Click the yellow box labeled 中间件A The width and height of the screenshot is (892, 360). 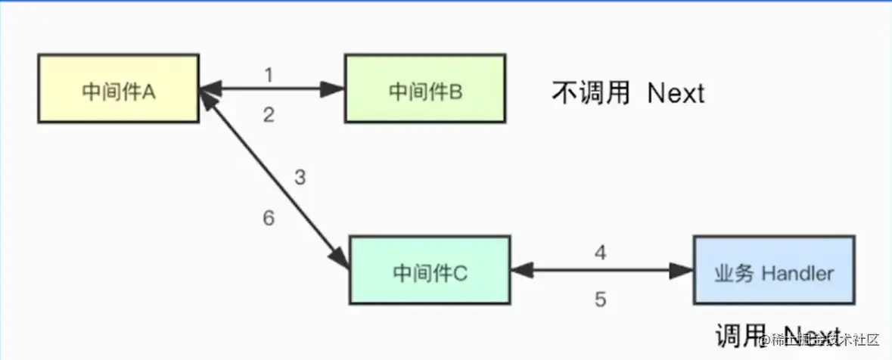pos(118,89)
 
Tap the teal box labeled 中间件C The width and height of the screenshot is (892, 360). pos(430,270)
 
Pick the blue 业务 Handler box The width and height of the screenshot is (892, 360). pos(774,270)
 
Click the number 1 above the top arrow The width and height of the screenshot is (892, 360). pos(269,75)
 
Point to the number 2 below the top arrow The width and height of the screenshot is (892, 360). pos(269,115)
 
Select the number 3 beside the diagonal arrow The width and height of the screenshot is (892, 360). pos(300,178)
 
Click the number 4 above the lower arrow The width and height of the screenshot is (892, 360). pos(600,253)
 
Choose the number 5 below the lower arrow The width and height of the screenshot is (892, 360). pos(600,299)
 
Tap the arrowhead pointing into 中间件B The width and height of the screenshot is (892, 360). pos(334,89)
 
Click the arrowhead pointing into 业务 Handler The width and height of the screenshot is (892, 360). pos(682,270)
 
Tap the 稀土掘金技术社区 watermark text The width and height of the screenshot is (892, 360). pos(821,340)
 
